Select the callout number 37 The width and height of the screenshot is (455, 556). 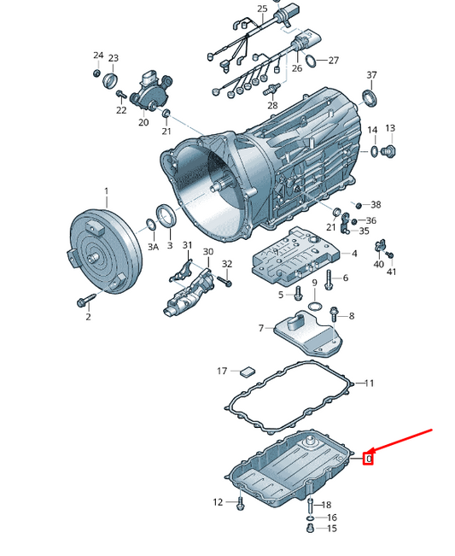click(371, 75)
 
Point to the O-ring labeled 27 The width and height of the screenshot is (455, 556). click(310, 61)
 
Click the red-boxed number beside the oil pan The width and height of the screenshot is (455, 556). click(369, 459)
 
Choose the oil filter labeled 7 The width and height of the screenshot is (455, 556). click(308, 332)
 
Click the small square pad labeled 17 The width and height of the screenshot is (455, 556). click(248, 372)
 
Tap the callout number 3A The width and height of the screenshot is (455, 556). click(153, 247)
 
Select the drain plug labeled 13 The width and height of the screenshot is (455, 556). click(388, 150)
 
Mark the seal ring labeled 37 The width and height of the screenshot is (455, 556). click(370, 98)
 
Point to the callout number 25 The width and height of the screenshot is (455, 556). click(262, 9)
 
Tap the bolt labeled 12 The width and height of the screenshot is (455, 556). click(240, 504)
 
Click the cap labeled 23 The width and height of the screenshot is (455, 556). click(110, 80)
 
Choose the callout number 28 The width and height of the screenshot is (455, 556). click(272, 105)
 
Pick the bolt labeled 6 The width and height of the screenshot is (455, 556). click(328, 280)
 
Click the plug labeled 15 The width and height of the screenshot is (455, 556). click(310, 528)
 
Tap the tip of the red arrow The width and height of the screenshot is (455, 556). click(369, 454)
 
